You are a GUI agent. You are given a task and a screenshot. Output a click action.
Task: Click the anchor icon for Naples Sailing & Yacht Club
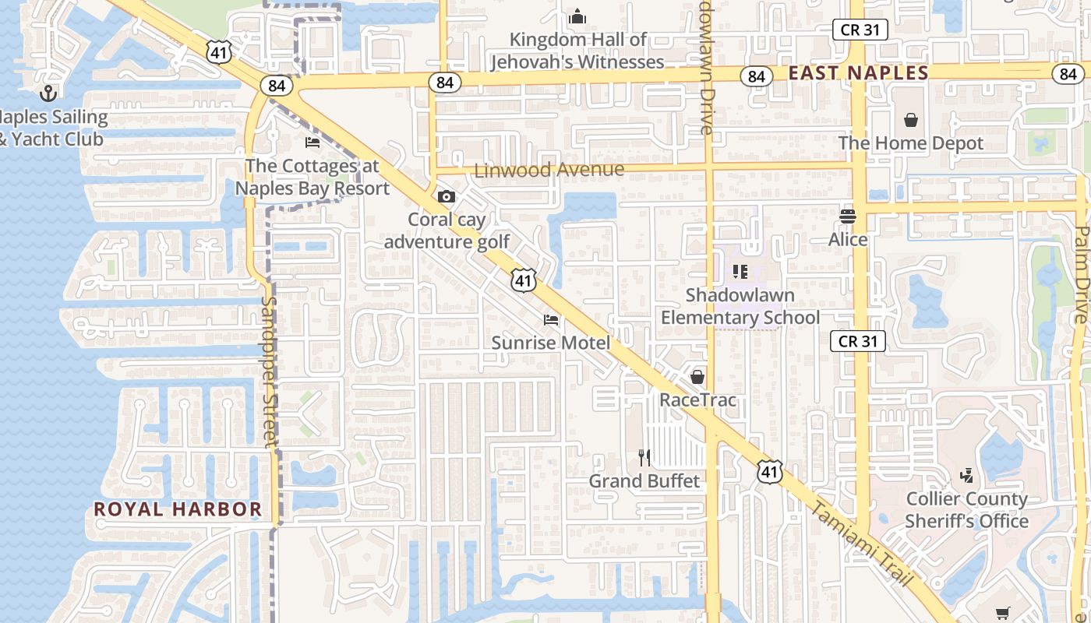click(x=49, y=93)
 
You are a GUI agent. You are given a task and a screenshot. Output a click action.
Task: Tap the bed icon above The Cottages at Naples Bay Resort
click(x=312, y=143)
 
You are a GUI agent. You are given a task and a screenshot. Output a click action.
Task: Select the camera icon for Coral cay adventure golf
click(x=447, y=196)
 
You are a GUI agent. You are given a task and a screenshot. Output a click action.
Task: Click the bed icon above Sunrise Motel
click(x=551, y=319)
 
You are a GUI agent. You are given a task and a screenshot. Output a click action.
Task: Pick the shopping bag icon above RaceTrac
click(x=697, y=377)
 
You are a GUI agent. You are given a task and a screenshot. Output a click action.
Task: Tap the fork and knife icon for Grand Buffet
click(x=644, y=457)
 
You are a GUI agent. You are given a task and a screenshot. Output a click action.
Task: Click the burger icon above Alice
click(x=848, y=216)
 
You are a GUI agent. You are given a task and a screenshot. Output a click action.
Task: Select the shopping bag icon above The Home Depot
click(x=910, y=120)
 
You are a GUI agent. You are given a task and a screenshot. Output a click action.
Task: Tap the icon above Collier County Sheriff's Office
click(x=967, y=475)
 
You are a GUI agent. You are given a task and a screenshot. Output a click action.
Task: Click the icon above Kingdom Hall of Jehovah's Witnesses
click(x=577, y=16)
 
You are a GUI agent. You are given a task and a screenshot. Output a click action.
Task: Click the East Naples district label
click(x=858, y=73)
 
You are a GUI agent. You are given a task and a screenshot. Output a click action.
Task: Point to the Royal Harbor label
click(x=178, y=509)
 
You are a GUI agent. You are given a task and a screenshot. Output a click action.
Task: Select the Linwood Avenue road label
click(x=549, y=170)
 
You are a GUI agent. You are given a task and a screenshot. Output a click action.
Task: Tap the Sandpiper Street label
click(x=270, y=372)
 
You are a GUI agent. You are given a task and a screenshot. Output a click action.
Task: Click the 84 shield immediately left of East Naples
click(x=756, y=76)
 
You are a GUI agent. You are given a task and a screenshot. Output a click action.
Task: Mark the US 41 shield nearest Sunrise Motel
click(x=524, y=280)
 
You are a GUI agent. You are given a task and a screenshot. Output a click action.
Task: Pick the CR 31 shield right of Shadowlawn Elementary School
click(x=858, y=341)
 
